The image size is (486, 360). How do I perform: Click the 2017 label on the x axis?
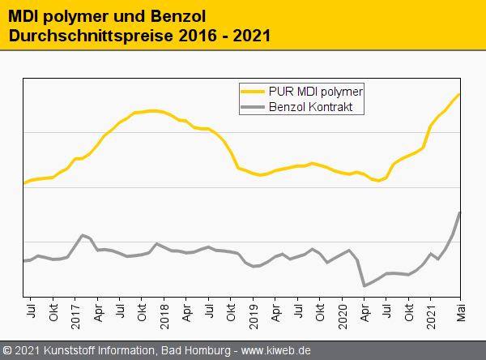point(75,315)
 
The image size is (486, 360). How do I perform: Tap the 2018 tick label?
point(164,315)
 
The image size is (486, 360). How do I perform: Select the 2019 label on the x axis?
point(254,315)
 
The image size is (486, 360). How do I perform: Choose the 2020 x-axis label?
point(342,315)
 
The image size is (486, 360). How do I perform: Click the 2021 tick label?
point(431,315)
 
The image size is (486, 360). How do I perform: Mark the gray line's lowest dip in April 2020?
point(364,285)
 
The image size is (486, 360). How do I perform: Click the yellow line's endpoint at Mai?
point(459,94)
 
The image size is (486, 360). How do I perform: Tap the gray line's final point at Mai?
point(459,213)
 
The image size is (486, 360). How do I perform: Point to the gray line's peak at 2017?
point(83,235)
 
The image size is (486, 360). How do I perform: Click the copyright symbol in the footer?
point(7,351)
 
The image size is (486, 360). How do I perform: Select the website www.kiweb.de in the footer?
point(276,351)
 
